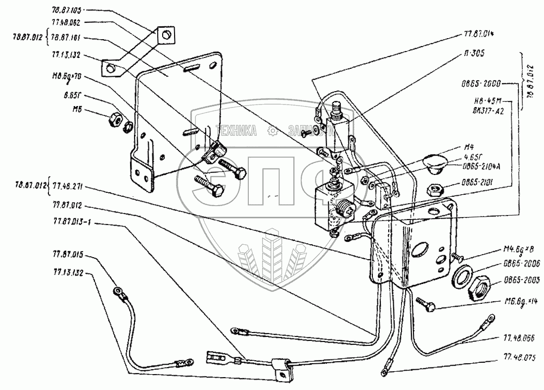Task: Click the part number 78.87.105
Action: click(x=65, y=10)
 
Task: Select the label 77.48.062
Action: click(x=66, y=22)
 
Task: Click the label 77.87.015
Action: click(x=66, y=256)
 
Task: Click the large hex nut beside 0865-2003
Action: click(x=478, y=287)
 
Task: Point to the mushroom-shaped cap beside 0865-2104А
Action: click(x=436, y=165)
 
